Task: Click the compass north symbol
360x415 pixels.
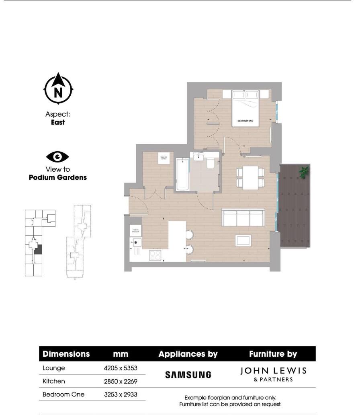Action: [x=58, y=90]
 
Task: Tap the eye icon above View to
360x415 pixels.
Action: [x=57, y=157]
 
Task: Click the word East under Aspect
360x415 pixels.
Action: [x=58, y=123]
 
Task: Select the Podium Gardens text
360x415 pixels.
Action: [x=58, y=177]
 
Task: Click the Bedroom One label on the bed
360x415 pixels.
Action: [x=245, y=120]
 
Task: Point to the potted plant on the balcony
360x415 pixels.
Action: [x=304, y=172]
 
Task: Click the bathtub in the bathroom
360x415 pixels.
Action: [x=183, y=175]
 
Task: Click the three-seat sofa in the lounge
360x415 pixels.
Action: [x=243, y=218]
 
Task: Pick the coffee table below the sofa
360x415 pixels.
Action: [x=243, y=240]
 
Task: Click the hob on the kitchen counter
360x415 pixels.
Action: [x=155, y=255]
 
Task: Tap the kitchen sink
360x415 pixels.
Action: [x=135, y=242]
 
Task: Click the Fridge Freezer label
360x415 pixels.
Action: [x=135, y=231]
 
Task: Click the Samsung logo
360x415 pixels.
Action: [x=188, y=375]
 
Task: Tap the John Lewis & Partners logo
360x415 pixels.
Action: [x=273, y=374]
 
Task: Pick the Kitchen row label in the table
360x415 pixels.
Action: [x=53, y=381]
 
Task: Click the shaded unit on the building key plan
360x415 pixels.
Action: [x=38, y=250]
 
